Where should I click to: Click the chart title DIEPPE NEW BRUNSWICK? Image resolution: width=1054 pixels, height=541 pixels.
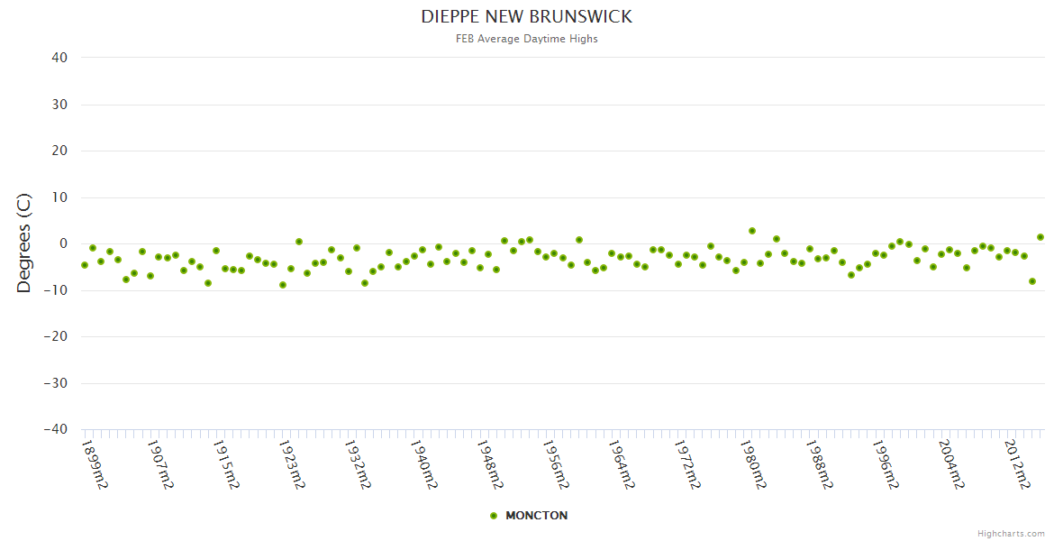click(x=527, y=17)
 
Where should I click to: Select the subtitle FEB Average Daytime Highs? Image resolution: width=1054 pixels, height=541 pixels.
click(x=527, y=39)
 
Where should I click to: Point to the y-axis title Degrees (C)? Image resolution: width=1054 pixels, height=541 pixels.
click(x=24, y=243)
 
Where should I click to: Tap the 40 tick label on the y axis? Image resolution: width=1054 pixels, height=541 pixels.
click(x=59, y=58)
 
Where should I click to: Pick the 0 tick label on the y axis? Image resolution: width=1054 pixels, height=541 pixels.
click(x=63, y=243)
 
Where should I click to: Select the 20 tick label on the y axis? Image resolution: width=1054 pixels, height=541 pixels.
click(x=59, y=151)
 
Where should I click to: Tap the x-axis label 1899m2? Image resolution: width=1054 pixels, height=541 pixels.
click(x=95, y=464)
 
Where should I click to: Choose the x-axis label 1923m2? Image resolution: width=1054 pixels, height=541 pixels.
click(x=292, y=464)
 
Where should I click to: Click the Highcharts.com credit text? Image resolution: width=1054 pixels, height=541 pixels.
click(x=1011, y=533)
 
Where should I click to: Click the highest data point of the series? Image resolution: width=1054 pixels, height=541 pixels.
click(x=752, y=231)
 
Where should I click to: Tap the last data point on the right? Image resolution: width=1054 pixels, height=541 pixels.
click(x=1040, y=237)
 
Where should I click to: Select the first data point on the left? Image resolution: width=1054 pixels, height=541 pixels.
click(x=85, y=265)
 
